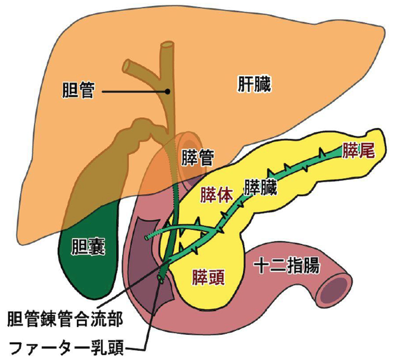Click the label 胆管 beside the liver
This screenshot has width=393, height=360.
(x=78, y=90)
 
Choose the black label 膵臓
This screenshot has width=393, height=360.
(x=261, y=187)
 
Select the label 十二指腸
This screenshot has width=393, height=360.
(x=287, y=267)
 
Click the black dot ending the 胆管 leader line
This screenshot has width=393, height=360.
(x=168, y=91)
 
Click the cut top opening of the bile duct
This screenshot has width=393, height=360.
(x=167, y=48)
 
